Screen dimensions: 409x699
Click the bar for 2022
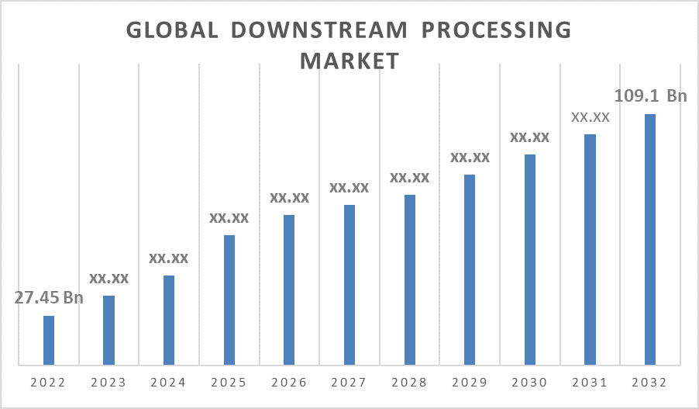pyautogui.click(x=49, y=340)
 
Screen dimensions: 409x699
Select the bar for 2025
pyautogui.click(x=229, y=300)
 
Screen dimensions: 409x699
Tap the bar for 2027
pyautogui.click(x=349, y=285)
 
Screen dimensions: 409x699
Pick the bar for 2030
pyautogui.click(x=529, y=259)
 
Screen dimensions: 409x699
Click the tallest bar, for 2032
pyautogui.click(x=650, y=239)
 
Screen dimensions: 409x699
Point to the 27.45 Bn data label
pyautogui.click(x=49, y=298)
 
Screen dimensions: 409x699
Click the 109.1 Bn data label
pyautogui.click(x=650, y=96)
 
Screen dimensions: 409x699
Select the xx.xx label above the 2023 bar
pyautogui.click(x=109, y=278)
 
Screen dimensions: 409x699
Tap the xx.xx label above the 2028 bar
pyautogui.click(x=409, y=178)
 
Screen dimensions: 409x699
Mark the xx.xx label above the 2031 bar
pyautogui.click(x=591, y=117)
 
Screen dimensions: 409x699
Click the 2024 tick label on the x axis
pyautogui.click(x=169, y=383)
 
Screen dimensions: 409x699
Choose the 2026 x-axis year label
pyautogui.click(x=289, y=383)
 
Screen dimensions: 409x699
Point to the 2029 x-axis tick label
pyautogui.click(x=470, y=383)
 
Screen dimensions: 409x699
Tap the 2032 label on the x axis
pyautogui.click(x=650, y=383)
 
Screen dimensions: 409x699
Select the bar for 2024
pyautogui.click(x=169, y=320)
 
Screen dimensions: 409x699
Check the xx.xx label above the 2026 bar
pyautogui.click(x=289, y=198)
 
